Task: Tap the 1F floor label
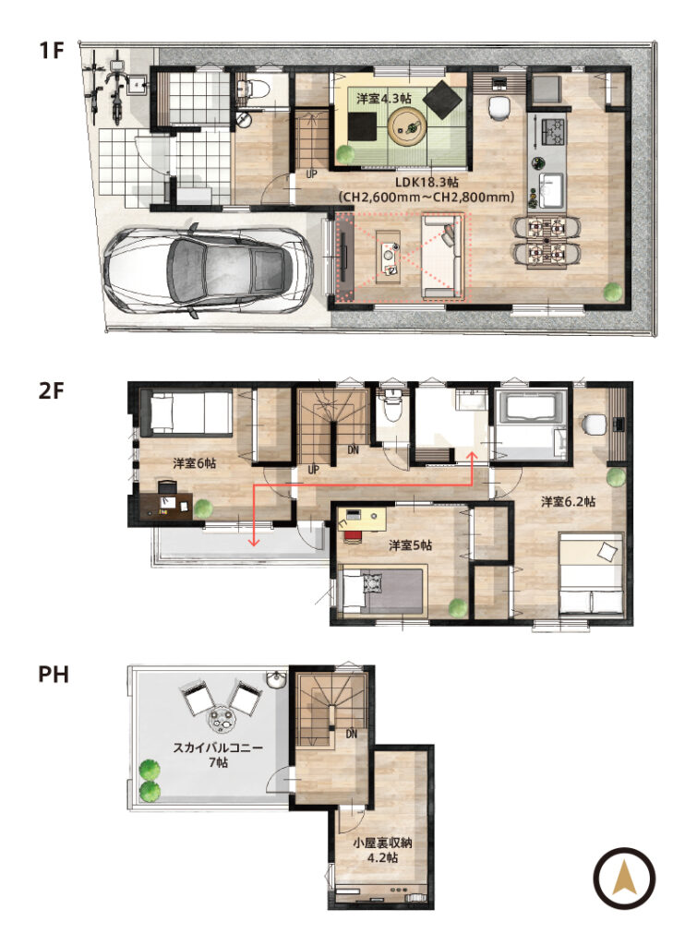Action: [x=52, y=50]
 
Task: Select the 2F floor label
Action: [x=52, y=390]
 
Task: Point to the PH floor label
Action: [x=53, y=674]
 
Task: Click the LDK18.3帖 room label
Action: [x=427, y=183]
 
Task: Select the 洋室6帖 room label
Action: [x=194, y=463]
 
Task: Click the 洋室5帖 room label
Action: [x=410, y=545]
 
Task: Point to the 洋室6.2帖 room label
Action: [x=568, y=501]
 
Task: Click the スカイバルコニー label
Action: [x=218, y=748]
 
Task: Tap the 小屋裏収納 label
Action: [x=382, y=843]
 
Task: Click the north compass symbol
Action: [x=624, y=879]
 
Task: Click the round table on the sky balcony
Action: [x=221, y=719]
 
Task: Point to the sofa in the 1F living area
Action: [x=442, y=257]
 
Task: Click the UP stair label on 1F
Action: [x=311, y=174]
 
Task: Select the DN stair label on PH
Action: [x=352, y=734]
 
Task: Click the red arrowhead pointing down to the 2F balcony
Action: [x=254, y=543]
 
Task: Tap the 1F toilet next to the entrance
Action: [x=251, y=89]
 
